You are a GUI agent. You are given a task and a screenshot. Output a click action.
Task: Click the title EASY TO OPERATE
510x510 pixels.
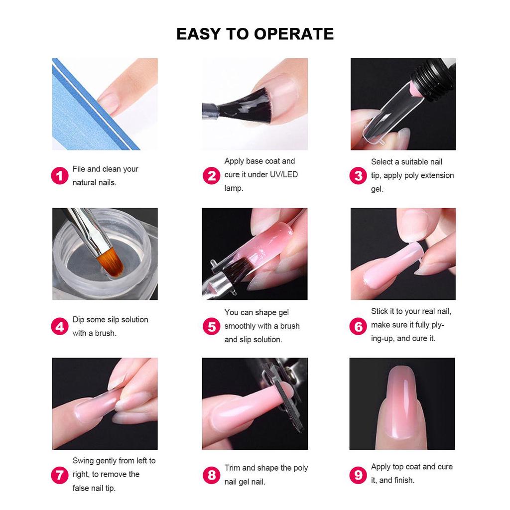pos(255,34)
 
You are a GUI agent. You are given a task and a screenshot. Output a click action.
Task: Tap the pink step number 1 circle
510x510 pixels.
pos(60,176)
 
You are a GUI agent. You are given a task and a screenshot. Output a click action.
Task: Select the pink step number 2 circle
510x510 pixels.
pos(212,175)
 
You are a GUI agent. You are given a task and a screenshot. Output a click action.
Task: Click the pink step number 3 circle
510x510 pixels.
pos(359,176)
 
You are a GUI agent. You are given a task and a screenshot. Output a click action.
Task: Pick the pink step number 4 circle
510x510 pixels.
pos(60,327)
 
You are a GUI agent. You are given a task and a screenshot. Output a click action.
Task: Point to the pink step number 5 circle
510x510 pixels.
pos(212,327)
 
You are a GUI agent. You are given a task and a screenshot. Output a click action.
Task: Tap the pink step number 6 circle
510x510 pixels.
pos(359,327)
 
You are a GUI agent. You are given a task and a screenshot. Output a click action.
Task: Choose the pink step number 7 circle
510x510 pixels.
pos(60,475)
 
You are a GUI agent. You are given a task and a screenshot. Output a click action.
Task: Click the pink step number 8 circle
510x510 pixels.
pos(212,475)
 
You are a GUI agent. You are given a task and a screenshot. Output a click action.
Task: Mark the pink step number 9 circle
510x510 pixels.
pos(359,475)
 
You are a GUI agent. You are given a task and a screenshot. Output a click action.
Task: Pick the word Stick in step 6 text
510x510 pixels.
pos(380,311)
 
